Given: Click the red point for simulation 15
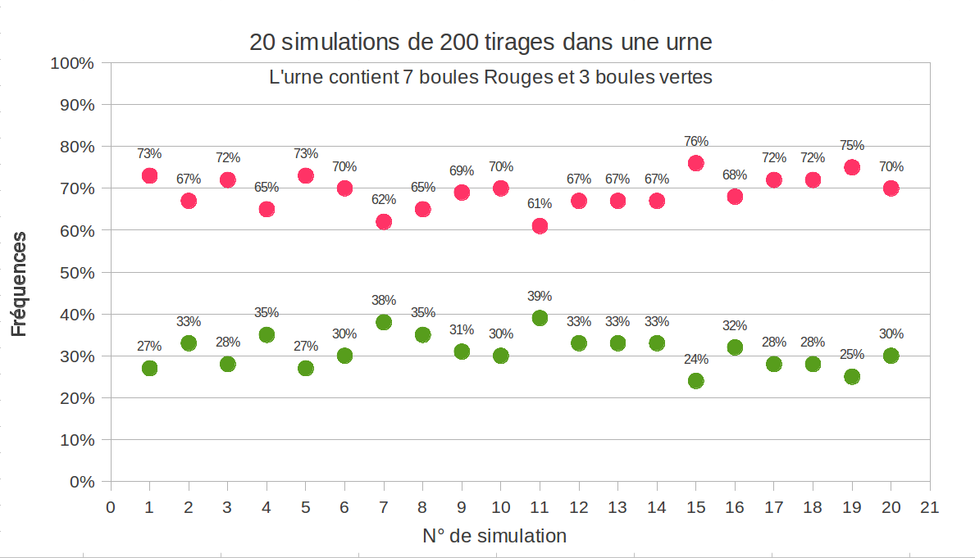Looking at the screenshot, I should (x=695, y=163).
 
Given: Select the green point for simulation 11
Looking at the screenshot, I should (x=540, y=318).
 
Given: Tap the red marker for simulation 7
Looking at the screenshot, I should (x=383, y=222).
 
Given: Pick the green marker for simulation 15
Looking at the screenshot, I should (x=695, y=381).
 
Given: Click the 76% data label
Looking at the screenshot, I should (x=695, y=141).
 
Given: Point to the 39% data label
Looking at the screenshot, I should (x=540, y=296).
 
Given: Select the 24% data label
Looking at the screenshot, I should (x=695, y=359).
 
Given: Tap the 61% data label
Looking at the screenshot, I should (x=540, y=203).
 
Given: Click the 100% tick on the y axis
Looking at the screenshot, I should (x=74, y=63).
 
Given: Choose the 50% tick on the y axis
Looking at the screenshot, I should (x=78, y=272).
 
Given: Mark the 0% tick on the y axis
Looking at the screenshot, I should (x=82, y=482).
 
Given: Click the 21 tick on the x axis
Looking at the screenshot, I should (x=929, y=506).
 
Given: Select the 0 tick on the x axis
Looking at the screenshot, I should (x=111, y=506).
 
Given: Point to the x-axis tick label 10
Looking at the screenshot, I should (x=500, y=506).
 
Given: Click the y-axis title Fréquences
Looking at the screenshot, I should (x=19, y=284).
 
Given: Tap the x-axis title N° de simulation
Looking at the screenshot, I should (x=494, y=537).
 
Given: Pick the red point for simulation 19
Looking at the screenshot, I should (x=851, y=167).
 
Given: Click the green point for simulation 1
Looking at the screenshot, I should (x=149, y=368).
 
